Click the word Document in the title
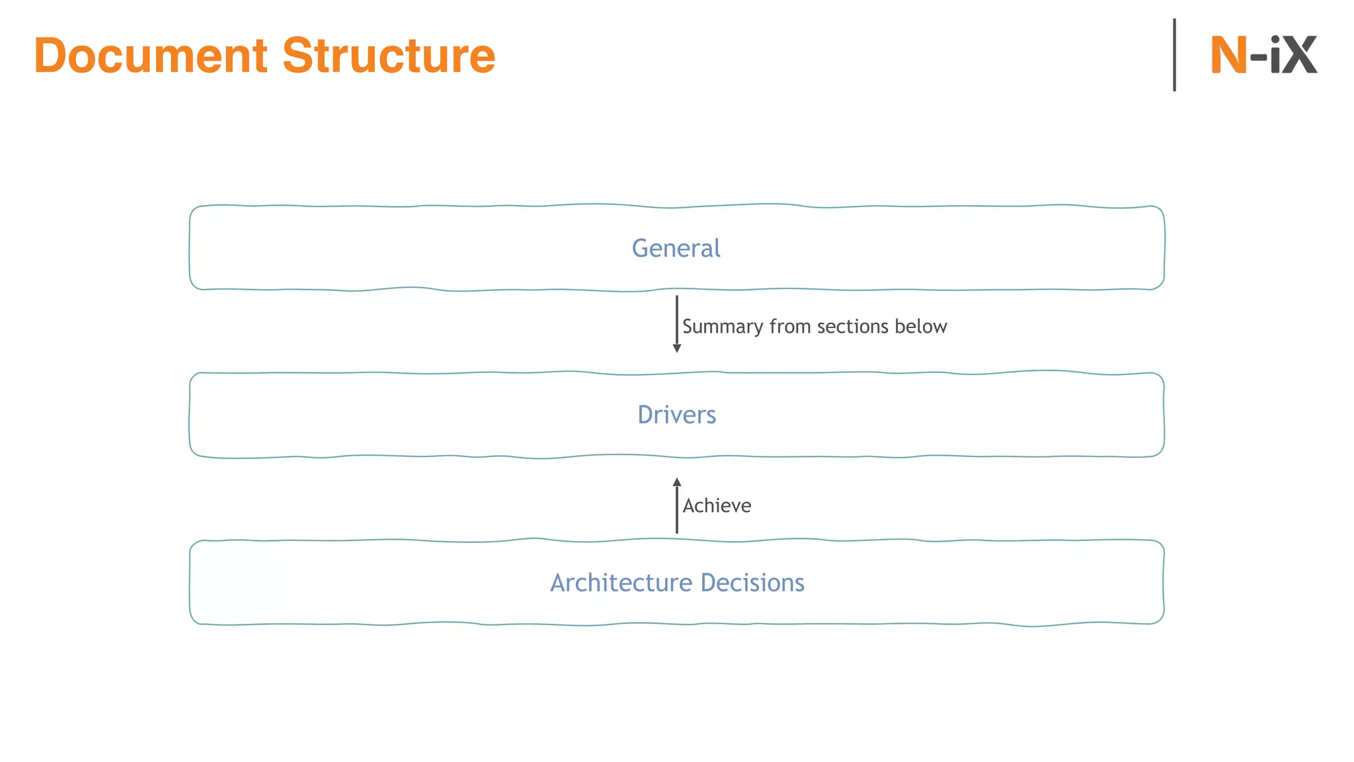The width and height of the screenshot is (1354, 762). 151,56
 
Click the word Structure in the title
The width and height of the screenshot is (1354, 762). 389,56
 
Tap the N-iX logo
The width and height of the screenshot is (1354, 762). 1263,55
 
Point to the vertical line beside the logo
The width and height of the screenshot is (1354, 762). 1174,55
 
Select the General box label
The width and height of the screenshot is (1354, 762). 676,248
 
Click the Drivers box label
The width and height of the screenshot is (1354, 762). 676,415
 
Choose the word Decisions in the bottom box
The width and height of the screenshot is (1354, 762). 752,583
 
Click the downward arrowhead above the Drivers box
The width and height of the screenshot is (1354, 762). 676,349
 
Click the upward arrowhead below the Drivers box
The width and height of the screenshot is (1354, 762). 676,482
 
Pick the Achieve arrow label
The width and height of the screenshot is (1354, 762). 717,506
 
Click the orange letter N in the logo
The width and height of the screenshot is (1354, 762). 1228,55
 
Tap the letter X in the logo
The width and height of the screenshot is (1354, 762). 1298,55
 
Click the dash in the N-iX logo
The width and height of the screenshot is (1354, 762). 1258,58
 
